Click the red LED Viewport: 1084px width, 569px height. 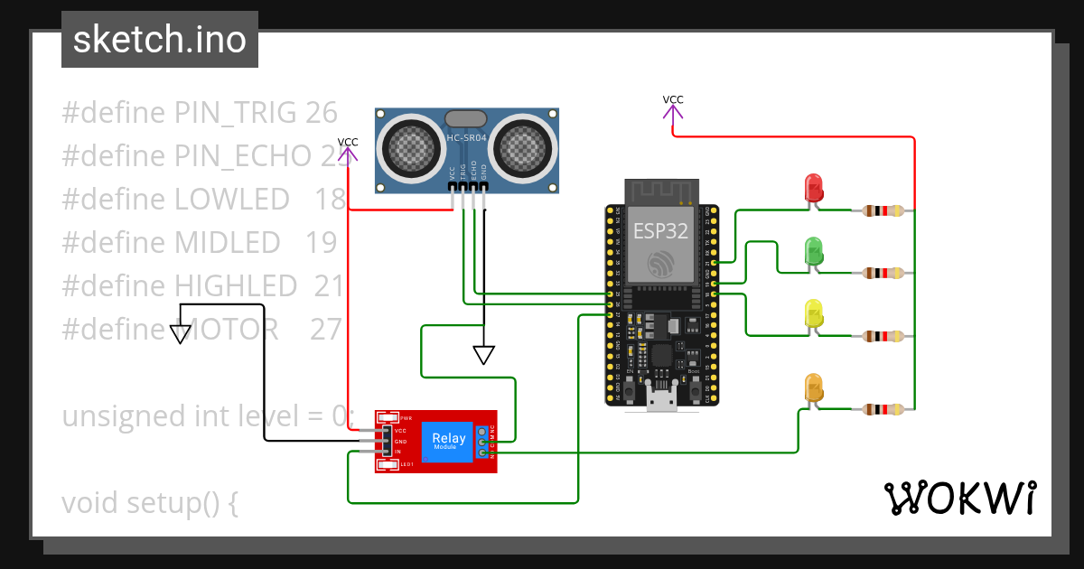(x=814, y=188)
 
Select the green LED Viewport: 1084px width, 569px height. (x=814, y=250)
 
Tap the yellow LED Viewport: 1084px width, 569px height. (x=814, y=312)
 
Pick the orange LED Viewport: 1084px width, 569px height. (x=814, y=387)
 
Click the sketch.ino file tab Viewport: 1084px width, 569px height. (x=160, y=40)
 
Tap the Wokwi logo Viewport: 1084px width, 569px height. (x=959, y=498)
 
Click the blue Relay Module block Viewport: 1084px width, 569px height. (x=449, y=443)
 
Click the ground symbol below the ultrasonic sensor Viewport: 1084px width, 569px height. (x=484, y=355)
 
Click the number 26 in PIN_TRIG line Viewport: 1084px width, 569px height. (x=321, y=113)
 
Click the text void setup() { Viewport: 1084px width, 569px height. (x=150, y=502)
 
